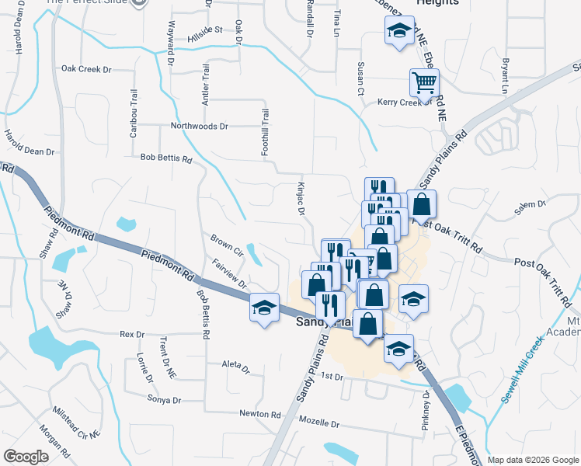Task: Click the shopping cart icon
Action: point(424,82)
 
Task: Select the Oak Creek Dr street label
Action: point(86,69)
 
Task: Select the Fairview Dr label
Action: point(228,273)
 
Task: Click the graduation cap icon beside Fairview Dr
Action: point(264,308)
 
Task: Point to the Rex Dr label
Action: point(132,335)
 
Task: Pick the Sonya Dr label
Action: point(164,399)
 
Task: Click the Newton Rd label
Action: point(259,414)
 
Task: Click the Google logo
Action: point(26,457)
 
